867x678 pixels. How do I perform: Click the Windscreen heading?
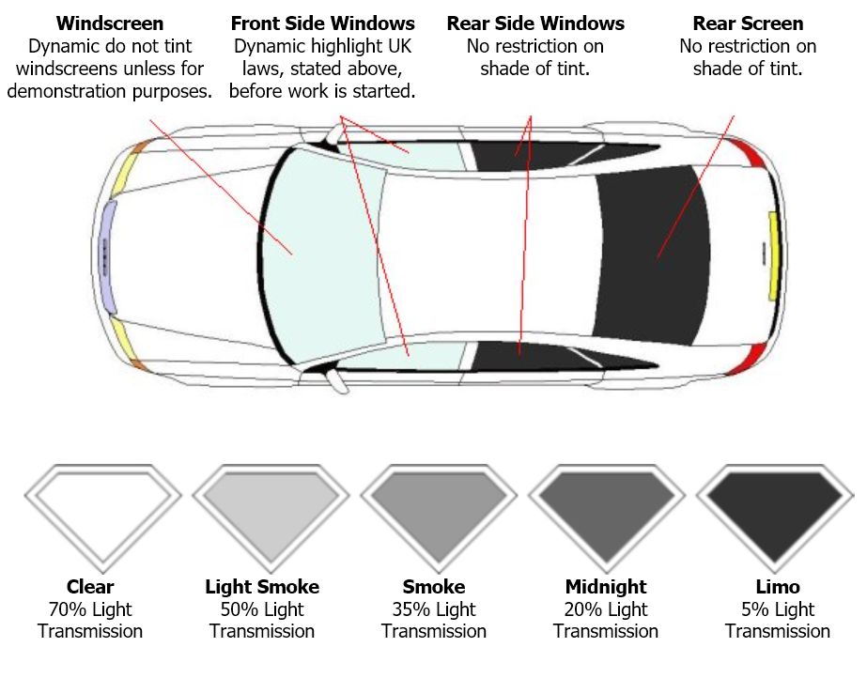[110, 23]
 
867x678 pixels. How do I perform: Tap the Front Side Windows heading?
[322, 23]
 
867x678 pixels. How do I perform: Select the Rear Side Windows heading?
[534, 23]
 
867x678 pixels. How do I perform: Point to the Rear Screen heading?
[748, 23]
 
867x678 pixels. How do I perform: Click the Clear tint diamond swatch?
[102, 512]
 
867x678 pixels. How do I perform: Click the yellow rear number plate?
[774, 255]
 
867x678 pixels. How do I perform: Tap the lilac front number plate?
[108, 255]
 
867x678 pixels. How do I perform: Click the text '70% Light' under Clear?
[90, 609]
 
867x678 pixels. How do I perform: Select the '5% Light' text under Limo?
[778, 609]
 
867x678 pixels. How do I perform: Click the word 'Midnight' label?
[605, 588]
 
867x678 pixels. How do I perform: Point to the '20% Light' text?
[606, 609]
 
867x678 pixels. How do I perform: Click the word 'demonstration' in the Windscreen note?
[75, 91]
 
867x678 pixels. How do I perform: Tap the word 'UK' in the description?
[395, 46]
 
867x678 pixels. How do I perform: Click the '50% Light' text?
[262, 609]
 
